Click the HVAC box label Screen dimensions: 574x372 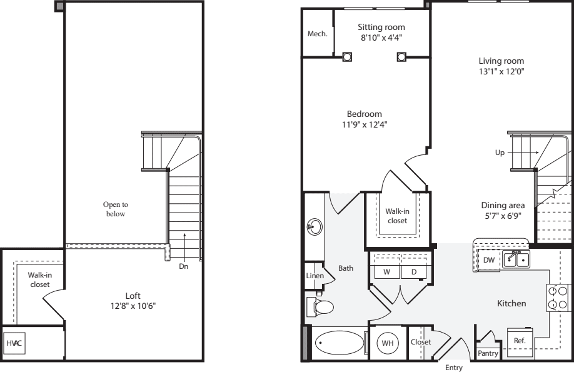click(x=14, y=343)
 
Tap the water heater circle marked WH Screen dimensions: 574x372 click(x=387, y=343)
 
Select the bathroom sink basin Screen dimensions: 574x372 click(x=315, y=227)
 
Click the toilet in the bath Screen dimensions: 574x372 click(x=320, y=307)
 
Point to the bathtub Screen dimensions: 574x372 click(x=339, y=343)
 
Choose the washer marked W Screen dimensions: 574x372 click(x=387, y=272)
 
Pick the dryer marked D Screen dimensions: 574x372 click(x=414, y=272)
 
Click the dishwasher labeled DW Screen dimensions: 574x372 click(x=489, y=260)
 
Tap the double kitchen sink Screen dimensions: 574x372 click(x=516, y=259)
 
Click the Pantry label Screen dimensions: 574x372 click(x=488, y=353)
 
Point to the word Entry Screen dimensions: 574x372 click(x=454, y=368)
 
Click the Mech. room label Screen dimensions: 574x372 click(x=318, y=34)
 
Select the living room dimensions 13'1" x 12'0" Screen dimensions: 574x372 click(x=501, y=71)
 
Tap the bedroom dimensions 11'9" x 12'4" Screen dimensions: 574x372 click(x=365, y=124)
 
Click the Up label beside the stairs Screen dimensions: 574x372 click(x=500, y=153)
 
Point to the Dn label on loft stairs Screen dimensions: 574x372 click(x=184, y=266)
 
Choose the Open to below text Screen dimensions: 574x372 click(x=116, y=209)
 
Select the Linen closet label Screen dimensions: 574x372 click(x=315, y=276)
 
